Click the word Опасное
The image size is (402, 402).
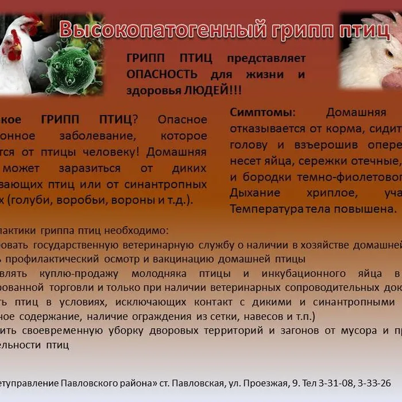click(x=182, y=120)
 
